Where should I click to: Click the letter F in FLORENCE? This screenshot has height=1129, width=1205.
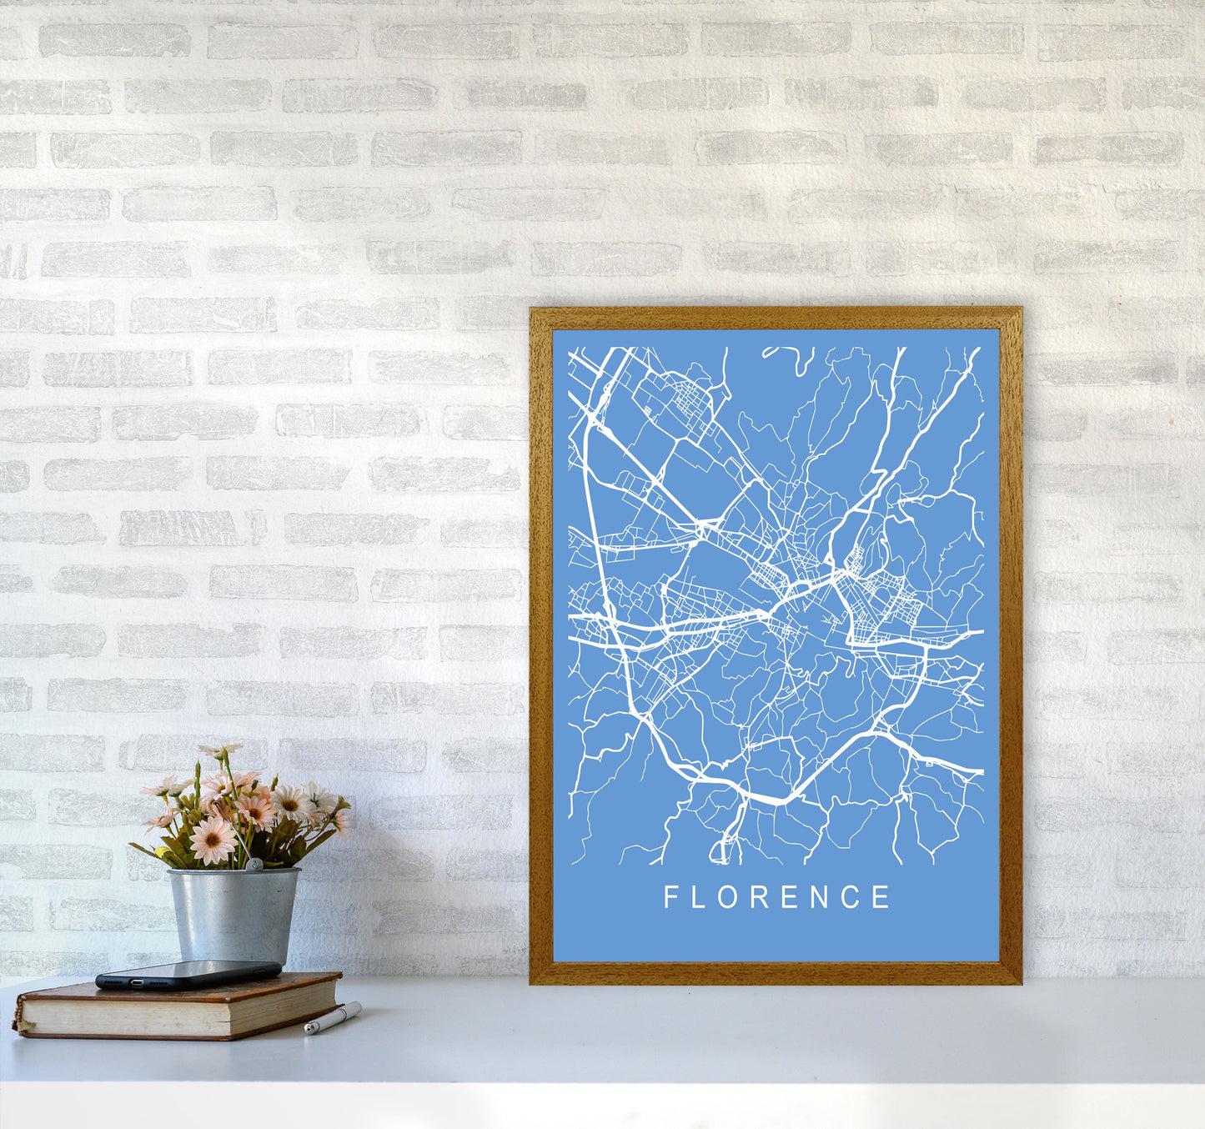coord(670,897)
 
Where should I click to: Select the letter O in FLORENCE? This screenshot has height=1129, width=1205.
coord(729,897)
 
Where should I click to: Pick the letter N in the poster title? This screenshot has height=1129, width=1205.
coord(821,897)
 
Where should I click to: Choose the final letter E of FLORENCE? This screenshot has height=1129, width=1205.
coord(882,897)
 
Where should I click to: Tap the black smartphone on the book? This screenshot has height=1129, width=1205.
coord(188,974)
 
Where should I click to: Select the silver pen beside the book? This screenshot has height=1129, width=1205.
coord(332,1019)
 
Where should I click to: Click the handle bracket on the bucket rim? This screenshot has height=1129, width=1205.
coord(253,866)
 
